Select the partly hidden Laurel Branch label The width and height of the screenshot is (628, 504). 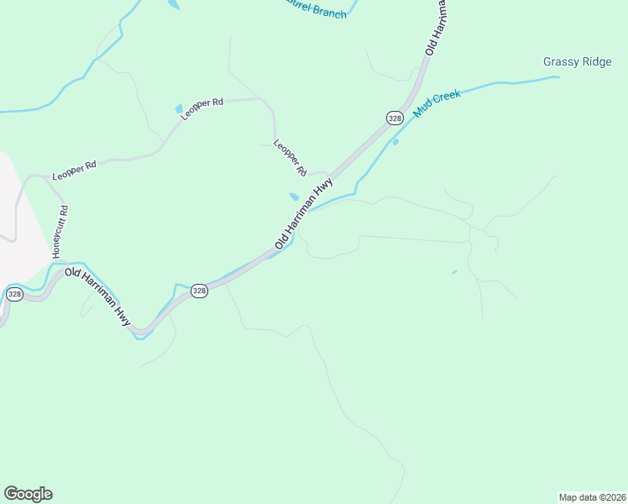[x=314, y=11]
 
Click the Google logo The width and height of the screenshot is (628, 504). [x=28, y=494]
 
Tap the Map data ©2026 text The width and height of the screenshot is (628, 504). [x=592, y=496]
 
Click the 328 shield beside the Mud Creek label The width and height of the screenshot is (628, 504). [x=395, y=118]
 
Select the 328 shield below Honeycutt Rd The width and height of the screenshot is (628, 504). [x=14, y=294]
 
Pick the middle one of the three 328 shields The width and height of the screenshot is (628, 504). [x=199, y=291]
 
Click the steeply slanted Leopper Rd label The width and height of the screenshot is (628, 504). [x=290, y=157]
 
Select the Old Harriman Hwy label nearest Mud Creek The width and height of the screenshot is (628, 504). [x=304, y=213]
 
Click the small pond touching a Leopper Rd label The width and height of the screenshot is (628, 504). [x=178, y=109]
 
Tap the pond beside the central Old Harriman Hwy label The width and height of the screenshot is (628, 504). [x=294, y=197]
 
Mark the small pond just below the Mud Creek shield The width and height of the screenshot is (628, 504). [x=395, y=142]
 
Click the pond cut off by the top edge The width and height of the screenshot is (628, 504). [x=174, y=4]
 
